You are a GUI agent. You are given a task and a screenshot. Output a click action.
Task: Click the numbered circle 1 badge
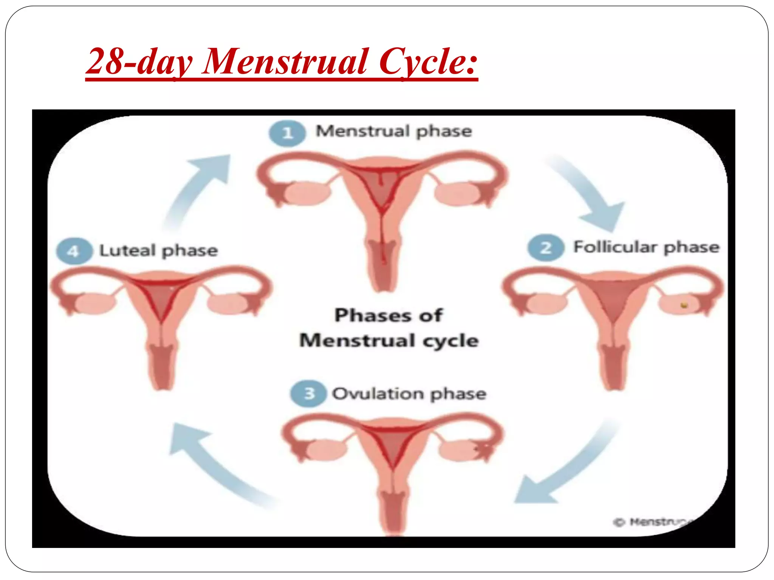[x=287, y=133]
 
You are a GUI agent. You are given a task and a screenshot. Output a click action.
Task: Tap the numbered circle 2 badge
[x=546, y=248]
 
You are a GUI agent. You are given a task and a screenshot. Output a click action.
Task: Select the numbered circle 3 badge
[x=308, y=393]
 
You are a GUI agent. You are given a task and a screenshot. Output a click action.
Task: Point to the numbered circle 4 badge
[x=74, y=251]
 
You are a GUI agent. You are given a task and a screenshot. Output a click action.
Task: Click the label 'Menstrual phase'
[x=394, y=131]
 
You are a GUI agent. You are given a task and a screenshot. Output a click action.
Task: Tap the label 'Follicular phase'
[x=646, y=247]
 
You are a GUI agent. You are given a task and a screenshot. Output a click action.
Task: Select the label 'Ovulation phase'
[x=409, y=394]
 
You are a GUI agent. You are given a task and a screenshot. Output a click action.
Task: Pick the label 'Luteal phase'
[x=158, y=251]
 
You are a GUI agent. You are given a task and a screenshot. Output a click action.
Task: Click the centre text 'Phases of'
[x=389, y=315]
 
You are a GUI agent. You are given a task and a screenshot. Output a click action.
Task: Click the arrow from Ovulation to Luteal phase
[x=215, y=464]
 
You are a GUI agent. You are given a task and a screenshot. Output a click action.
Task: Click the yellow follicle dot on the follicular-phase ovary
[x=684, y=305]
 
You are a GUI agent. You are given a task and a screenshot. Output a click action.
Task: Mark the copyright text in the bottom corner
[x=652, y=522]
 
